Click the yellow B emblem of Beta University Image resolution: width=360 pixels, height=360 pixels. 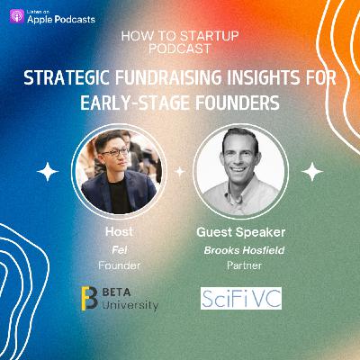(88, 299)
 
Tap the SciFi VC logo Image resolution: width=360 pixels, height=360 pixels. (240, 298)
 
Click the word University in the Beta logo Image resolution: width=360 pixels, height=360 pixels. (130, 306)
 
